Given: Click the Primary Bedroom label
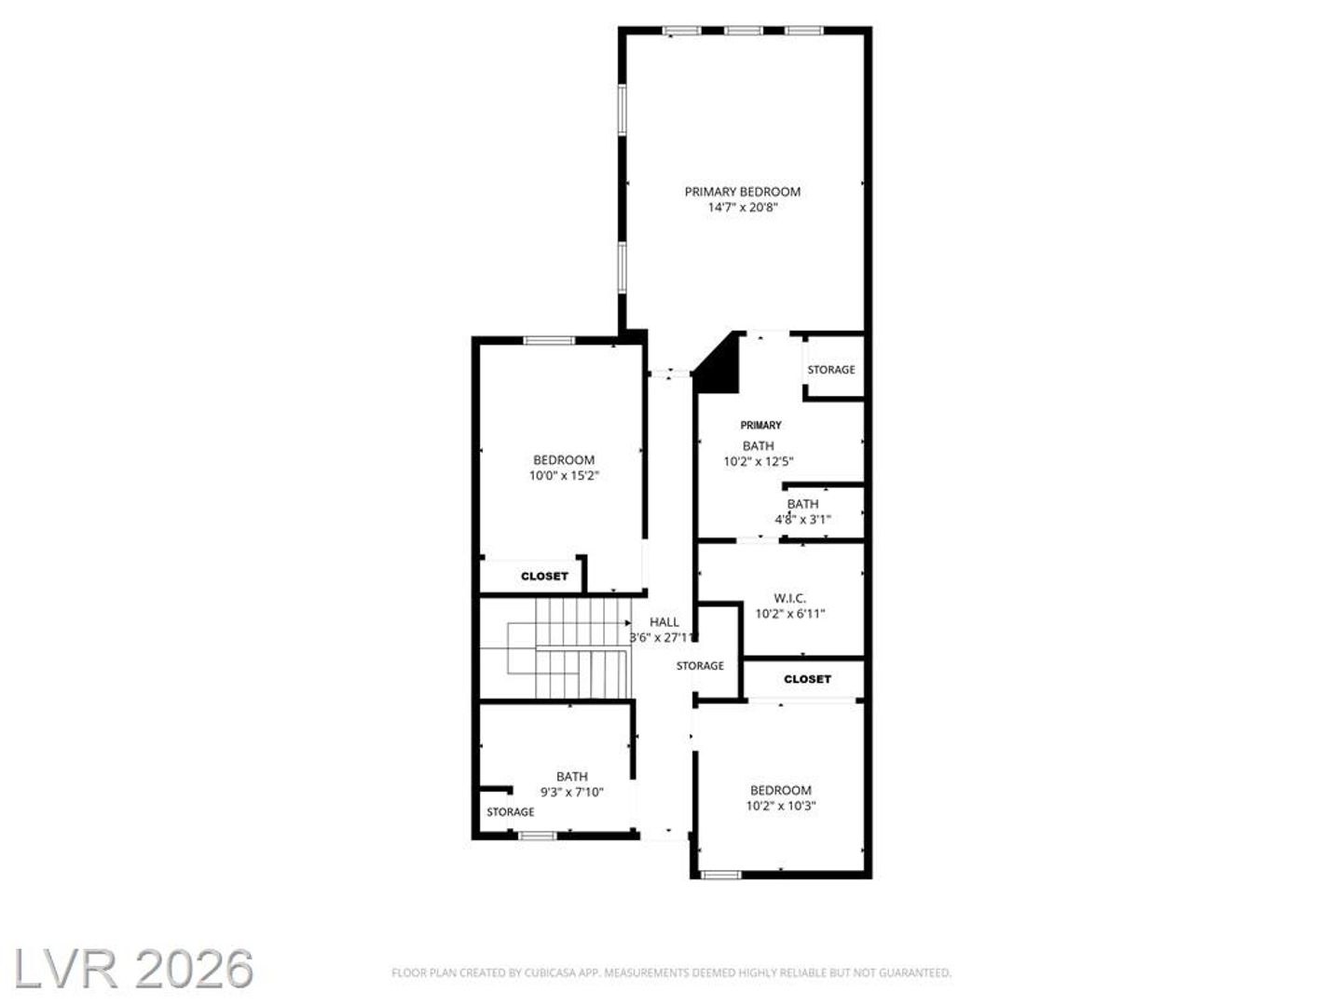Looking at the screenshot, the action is click(742, 192).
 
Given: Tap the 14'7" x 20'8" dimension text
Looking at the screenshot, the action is click(742, 208).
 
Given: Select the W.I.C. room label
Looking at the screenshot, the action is click(790, 598).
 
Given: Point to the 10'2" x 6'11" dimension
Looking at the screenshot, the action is click(790, 614).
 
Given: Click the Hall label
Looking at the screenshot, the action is click(664, 622).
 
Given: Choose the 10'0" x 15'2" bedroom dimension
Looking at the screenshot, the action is click(564, 476).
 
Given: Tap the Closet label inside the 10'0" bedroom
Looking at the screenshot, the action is click(544, 576).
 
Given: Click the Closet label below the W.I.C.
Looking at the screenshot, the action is click(807, 679).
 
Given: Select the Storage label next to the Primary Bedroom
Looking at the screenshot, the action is click(831, 370).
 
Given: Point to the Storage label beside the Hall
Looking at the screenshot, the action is click(700, 666).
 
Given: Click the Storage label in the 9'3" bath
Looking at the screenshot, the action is click(511, 811).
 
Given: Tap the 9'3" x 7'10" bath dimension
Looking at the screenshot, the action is click(571, 792).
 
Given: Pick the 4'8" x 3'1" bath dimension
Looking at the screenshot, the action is click(802, 520).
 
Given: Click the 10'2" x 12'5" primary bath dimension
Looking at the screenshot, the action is click(758, 462).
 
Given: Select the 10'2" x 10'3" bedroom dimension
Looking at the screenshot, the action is click(781, 806).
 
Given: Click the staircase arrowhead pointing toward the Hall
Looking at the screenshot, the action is click(628, 623).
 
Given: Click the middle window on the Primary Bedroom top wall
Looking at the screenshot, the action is click(743, 30).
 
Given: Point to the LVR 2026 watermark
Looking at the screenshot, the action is click(133, 969).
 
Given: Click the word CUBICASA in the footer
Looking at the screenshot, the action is click(550, 972).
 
